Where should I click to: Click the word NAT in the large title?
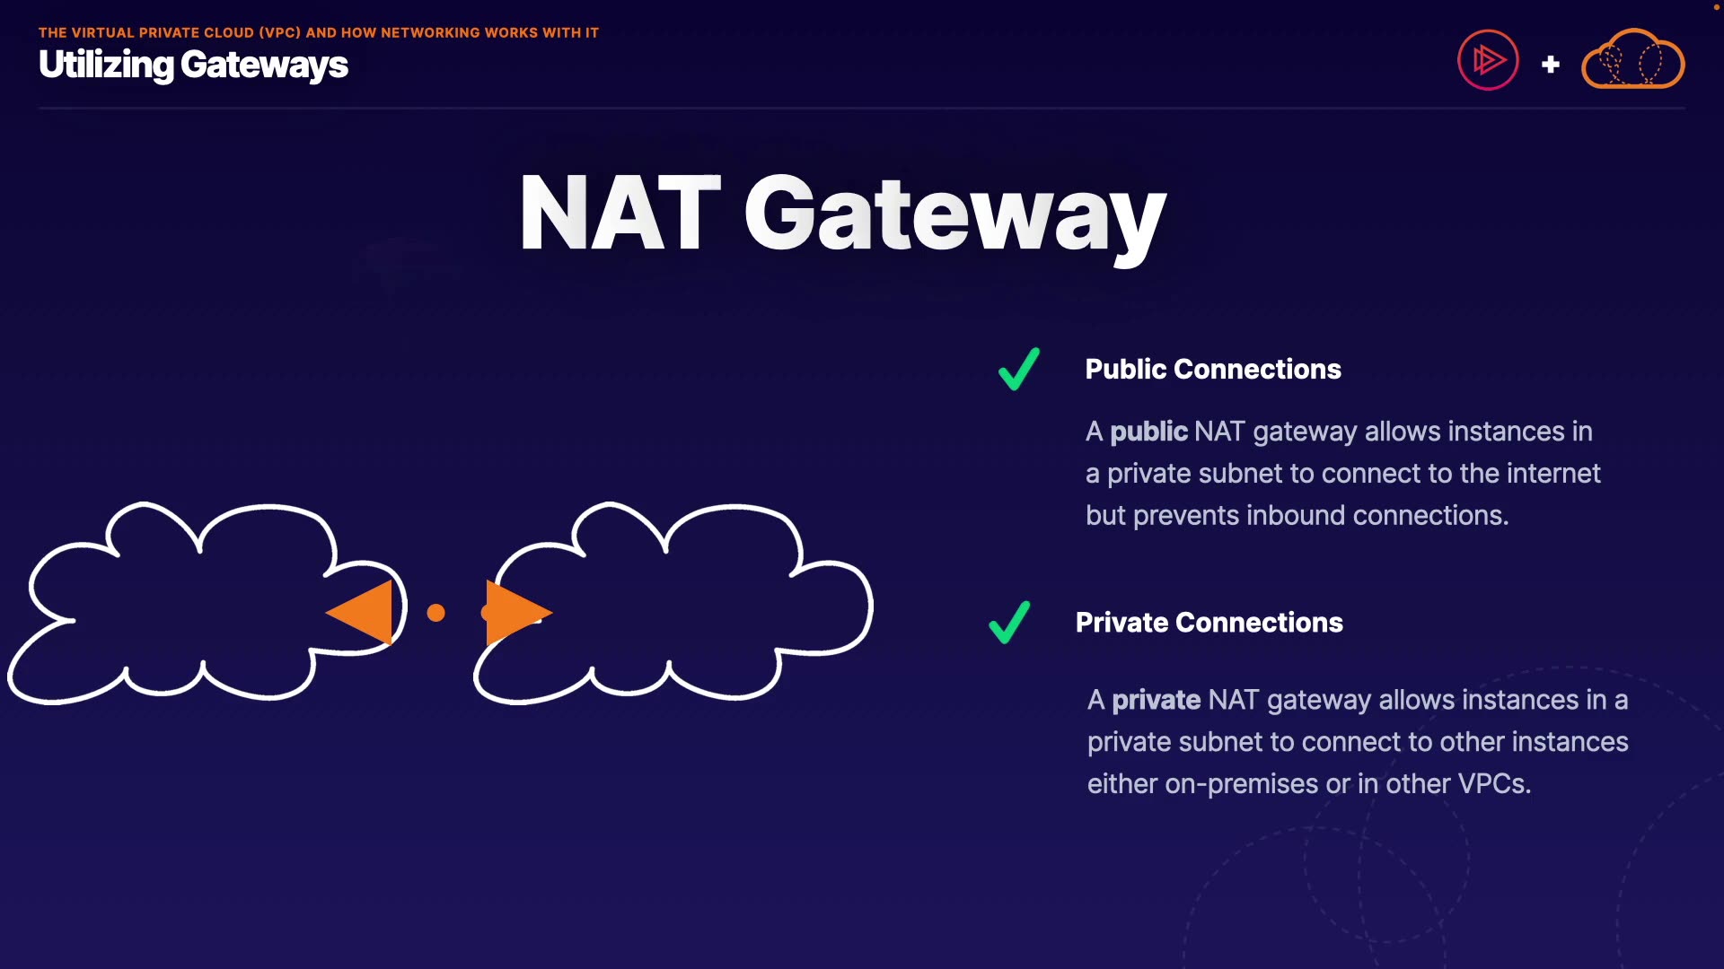[620, 214]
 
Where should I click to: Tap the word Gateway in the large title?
[954, 215]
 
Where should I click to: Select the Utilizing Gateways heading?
[193, 65]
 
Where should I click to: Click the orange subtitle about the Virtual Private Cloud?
[318, 32]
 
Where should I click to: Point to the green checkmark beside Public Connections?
[1019, 369]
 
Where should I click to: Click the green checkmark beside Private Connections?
[1009, 623]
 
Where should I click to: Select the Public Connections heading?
[1212, 369]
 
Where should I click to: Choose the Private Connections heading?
[1209, 623]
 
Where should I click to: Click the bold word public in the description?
[1148, 432]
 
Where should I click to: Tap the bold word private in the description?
[1156, 700]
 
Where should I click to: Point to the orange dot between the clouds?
[436, 613]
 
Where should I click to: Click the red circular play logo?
[1488, 61]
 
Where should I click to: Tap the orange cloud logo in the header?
[1632, 60]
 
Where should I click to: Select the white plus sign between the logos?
[1550, 65]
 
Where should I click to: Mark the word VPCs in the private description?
[1493, 784]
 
